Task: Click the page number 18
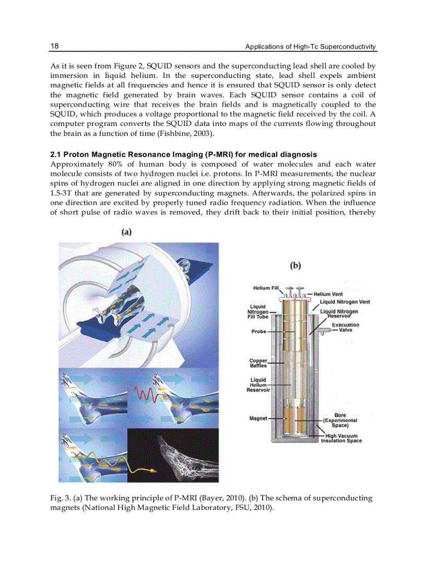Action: pos(54,46)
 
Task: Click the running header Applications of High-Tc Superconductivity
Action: pos(311,47)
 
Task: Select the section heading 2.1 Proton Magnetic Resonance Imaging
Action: pos(183,155)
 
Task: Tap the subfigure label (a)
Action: pos(126,232)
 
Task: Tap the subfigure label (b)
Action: pos(295,266)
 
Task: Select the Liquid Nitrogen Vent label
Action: pos(345,302)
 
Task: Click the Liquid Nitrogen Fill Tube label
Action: pos(257,312)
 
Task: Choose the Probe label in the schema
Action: pos(258,331)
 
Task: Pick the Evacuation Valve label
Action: pos(345,327)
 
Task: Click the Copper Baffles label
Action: pos(258,363)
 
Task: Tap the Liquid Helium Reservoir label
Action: pos(258,385)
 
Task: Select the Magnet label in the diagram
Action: pos(258,418)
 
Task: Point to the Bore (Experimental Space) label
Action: pos(340,420)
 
